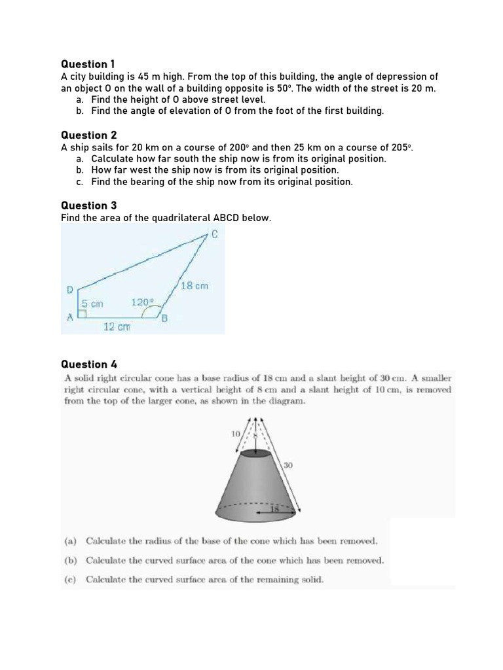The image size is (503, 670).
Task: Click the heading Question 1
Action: (x=88, y=64)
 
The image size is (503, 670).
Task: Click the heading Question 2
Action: (x=88, y=135)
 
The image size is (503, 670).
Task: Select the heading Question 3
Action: (x=88, y=205)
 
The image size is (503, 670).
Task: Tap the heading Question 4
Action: (x=88, y=364)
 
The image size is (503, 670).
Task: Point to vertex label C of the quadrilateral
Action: (x=214, y=235)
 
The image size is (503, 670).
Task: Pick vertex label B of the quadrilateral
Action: (x=165, y=319)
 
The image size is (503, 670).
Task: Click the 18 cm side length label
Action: (x=194, y=286)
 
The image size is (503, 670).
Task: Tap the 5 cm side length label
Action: (x=92, y=304)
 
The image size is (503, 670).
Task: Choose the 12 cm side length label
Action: (x=117, y=326)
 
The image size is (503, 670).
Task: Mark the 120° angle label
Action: (x=142, y=302)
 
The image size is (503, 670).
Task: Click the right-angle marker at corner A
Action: (x=82, y=314)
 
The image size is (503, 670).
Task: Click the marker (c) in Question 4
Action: (x=69, y=580)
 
